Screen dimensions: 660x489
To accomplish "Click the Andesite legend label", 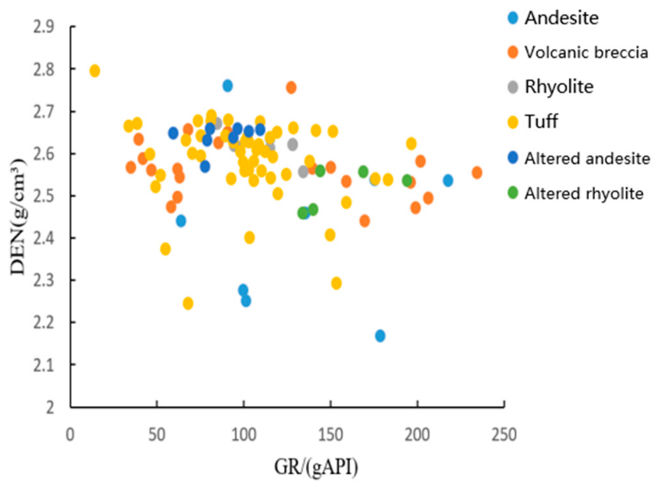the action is pos(561,18).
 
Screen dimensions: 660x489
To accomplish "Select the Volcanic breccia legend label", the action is pos(586,53).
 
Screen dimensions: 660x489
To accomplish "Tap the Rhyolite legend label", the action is pos(559,87).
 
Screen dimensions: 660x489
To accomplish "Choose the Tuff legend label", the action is pos(541,121).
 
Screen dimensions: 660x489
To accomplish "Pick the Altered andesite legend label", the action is pos(587,158).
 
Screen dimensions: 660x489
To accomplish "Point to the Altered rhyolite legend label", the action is pos(584,193).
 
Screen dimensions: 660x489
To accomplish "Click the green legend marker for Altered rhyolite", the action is pos(512,193).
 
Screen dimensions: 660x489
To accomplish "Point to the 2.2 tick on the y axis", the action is pos(43,323).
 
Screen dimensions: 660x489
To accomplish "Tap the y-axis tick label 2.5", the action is pos(43,196).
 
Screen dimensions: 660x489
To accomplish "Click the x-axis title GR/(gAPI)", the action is pos(316,468).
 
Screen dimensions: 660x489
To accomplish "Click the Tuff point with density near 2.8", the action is pos(94,71).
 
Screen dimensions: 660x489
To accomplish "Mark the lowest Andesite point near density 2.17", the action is pos(380,336).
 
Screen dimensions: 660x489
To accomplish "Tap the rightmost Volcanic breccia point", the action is pos(476,173).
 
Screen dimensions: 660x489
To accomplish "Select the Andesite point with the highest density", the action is pos(228,86).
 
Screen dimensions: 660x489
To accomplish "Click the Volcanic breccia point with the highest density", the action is pos(291,87).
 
